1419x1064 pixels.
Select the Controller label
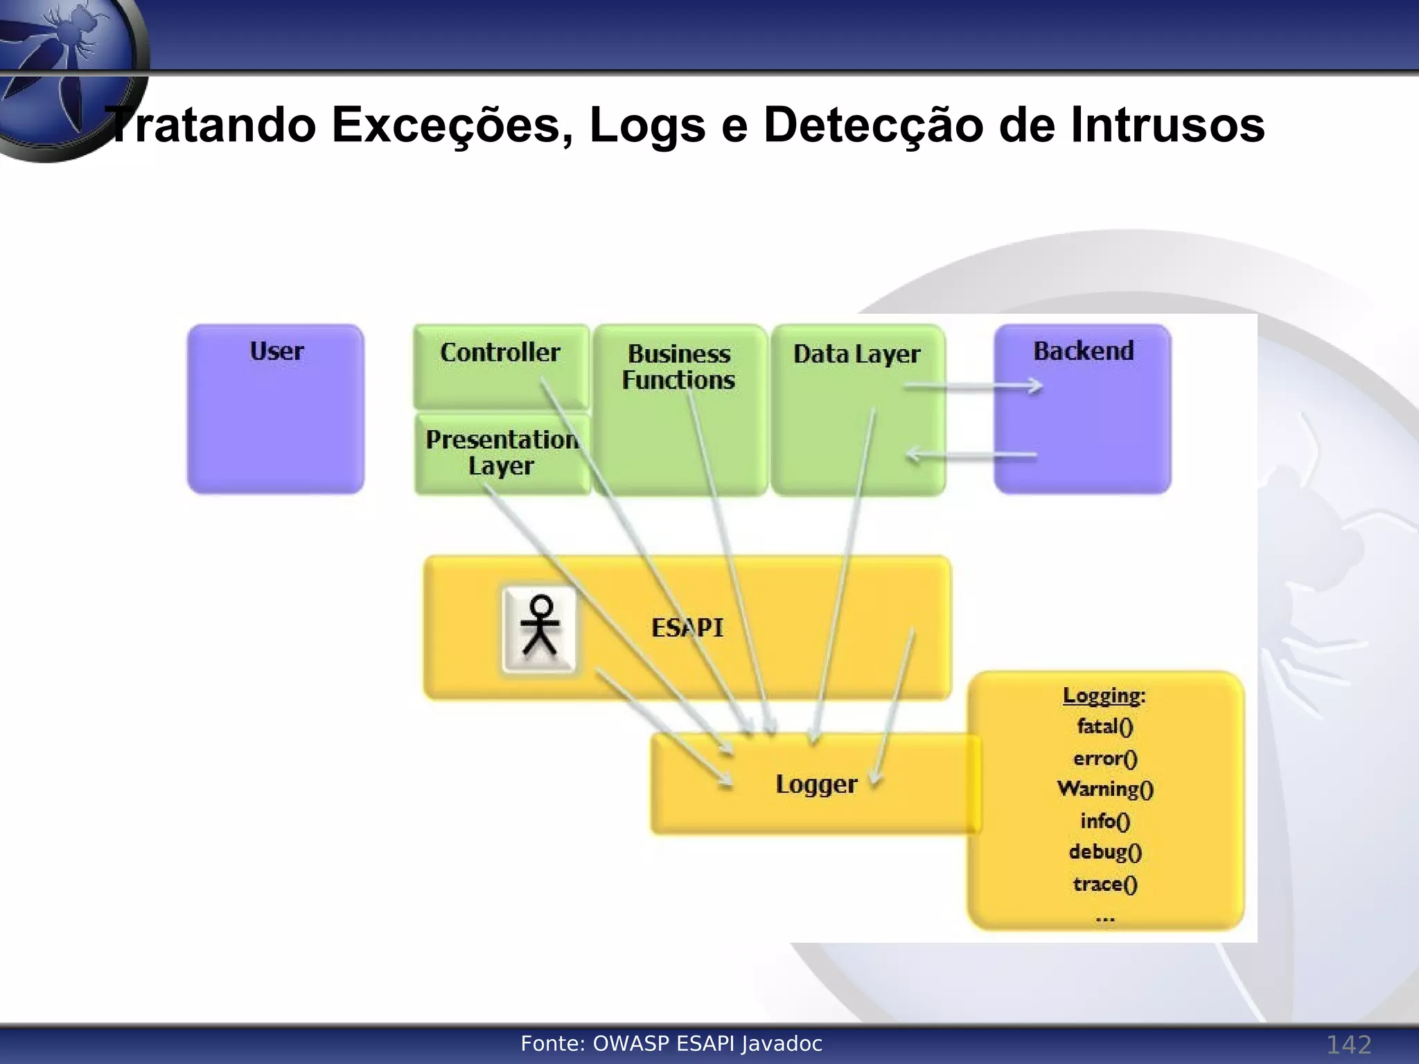(500, 353)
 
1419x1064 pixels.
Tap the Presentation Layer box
(502, 453)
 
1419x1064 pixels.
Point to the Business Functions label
(679, 367)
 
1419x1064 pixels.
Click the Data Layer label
(857, 354)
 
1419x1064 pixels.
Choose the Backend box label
(1084, 351)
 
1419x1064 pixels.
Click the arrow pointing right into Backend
(973, 387)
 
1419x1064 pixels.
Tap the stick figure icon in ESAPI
(540, 628)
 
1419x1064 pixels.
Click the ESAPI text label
(687, 628)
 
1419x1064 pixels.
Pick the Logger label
(816, 784)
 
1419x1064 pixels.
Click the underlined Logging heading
(1104, 695)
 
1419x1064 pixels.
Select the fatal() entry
(1105, 727)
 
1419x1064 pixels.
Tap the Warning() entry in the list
(1105, 789)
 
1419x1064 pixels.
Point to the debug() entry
(1105, 852)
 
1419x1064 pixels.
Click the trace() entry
(1105, 885)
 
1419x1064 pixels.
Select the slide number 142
(1348, 1045)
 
